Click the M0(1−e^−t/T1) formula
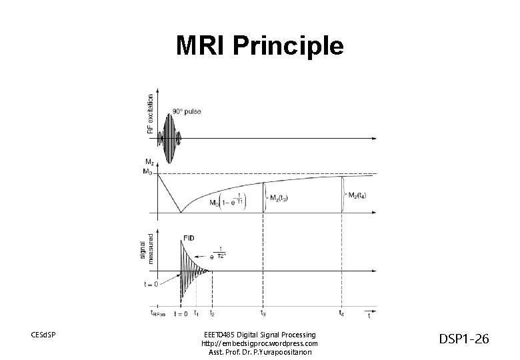227,200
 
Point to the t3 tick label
264,313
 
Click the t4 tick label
342,313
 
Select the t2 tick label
212,313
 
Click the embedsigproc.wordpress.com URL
259,343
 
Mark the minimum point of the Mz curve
181,213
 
